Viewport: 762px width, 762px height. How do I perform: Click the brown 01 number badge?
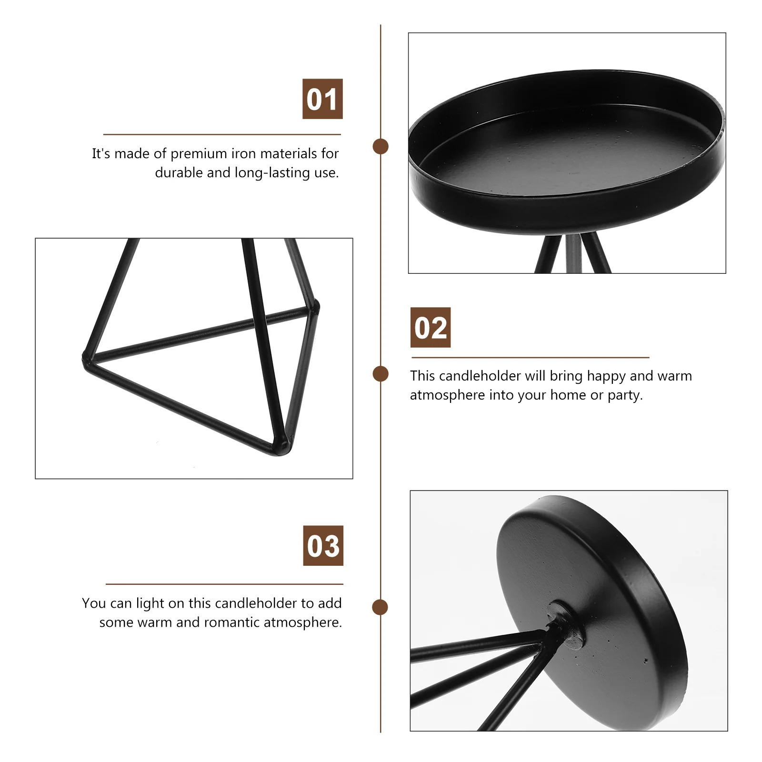pos(322,99)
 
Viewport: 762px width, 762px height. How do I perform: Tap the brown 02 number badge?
pos(431,328)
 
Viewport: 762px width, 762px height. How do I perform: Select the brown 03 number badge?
pos(323,546)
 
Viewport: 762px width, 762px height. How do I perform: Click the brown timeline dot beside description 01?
pos(381,146)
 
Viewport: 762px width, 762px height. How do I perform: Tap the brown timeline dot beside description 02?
pos(381,374)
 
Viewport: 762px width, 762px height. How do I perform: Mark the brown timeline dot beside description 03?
pos(380,607)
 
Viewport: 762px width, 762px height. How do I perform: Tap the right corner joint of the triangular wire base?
pos(313,306)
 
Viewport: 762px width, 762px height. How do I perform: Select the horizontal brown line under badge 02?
pos(530,357)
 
